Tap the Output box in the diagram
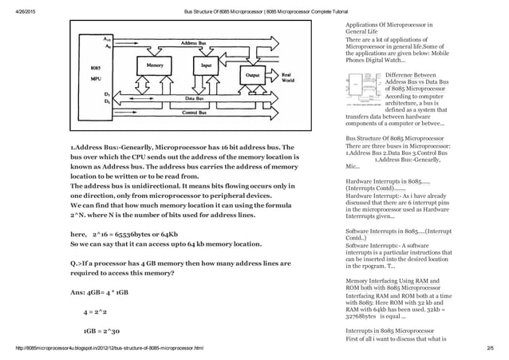pos(254,75)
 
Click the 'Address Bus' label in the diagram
pos(195,42)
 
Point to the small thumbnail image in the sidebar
pos(364,91)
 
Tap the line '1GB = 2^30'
pos(101,330)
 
